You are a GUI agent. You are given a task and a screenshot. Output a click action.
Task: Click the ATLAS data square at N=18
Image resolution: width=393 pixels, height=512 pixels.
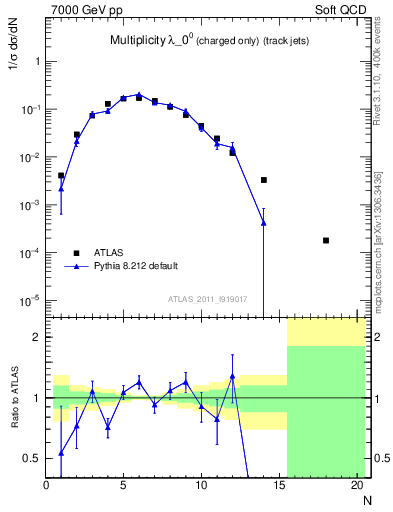(326, 240)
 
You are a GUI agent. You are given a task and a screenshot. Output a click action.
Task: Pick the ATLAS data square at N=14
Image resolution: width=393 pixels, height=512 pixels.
(264, 180)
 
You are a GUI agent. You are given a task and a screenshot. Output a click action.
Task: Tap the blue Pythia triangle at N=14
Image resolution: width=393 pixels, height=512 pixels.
(264, 222)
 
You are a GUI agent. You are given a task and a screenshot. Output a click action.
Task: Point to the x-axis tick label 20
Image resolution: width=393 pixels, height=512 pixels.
(357, 486)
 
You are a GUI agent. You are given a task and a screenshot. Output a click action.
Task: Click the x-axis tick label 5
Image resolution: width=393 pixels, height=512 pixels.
(123, 486)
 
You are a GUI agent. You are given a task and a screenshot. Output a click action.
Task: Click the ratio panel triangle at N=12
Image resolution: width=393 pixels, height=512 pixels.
(232, 377)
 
